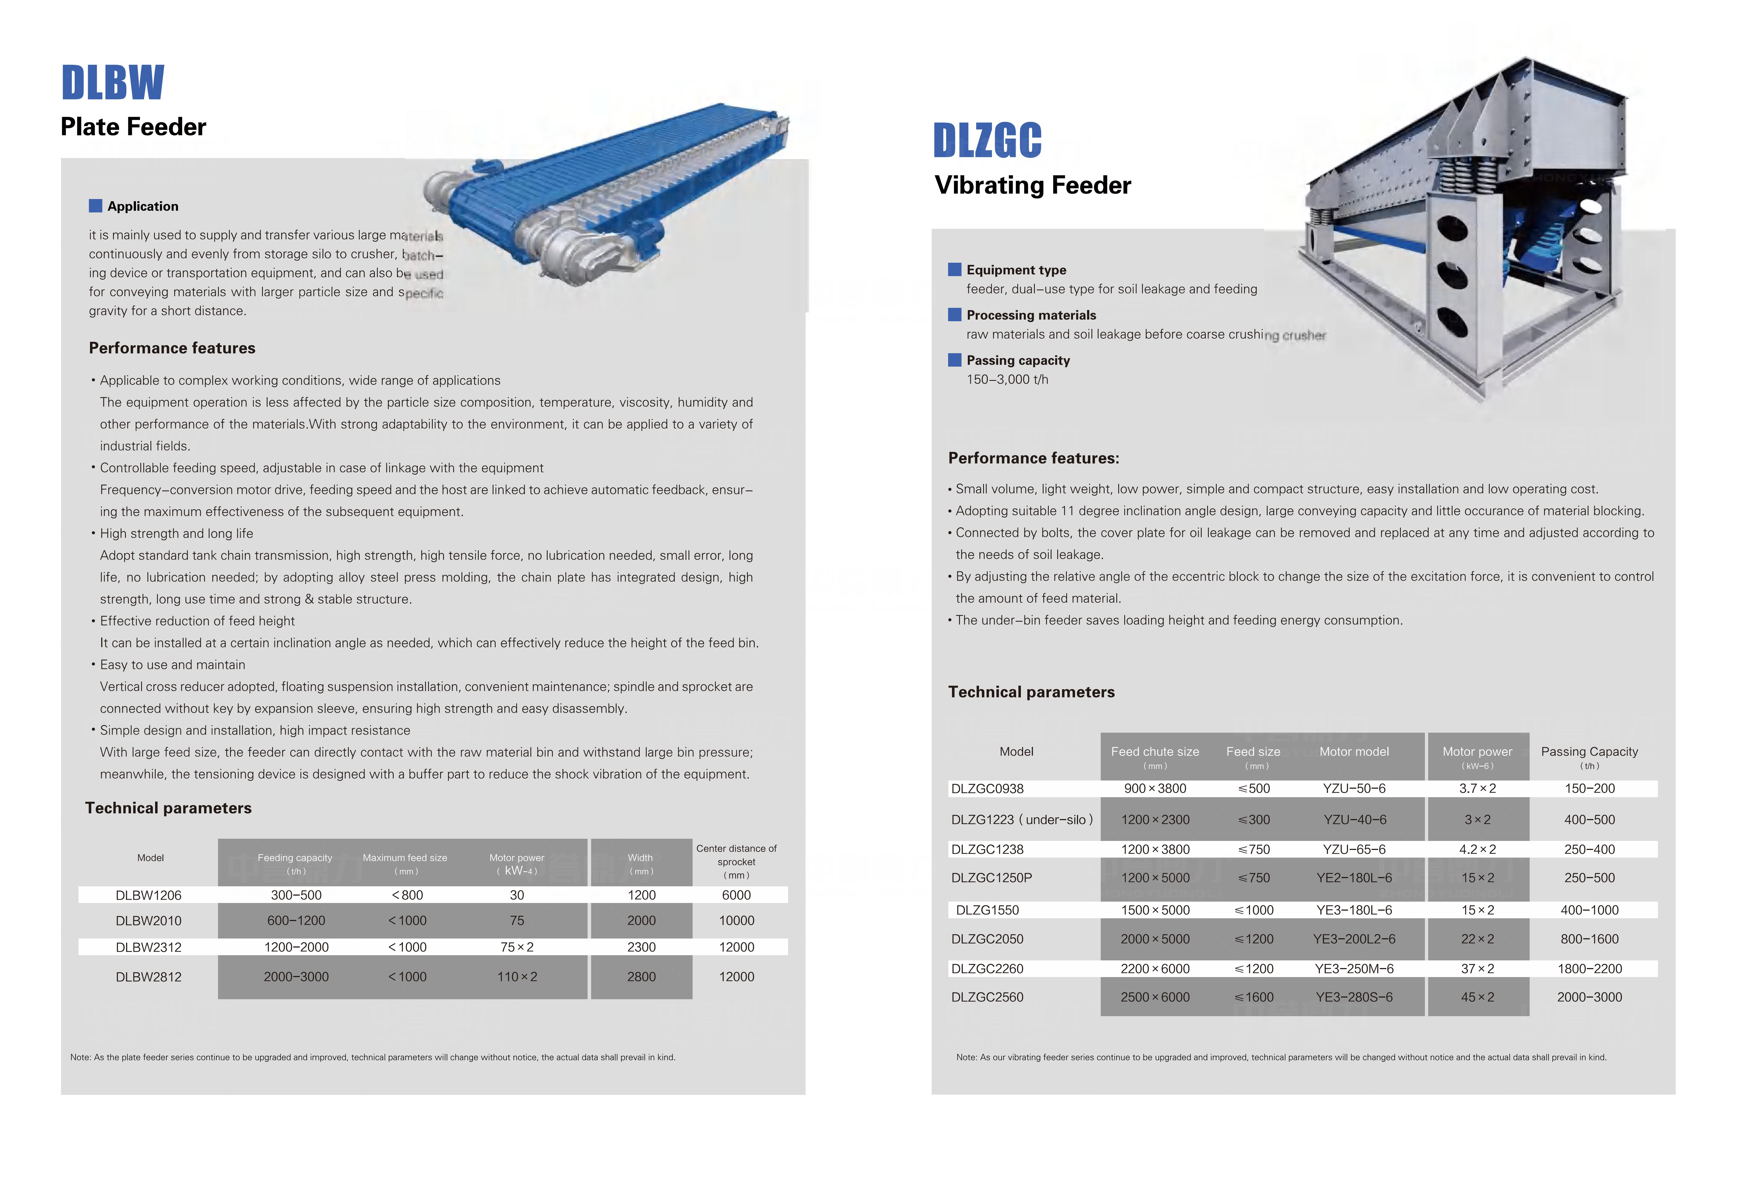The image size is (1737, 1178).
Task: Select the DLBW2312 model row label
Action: tap(149, 947)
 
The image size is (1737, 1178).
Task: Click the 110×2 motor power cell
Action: tap(517, 977)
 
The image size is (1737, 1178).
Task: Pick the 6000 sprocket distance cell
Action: tap(736, 895)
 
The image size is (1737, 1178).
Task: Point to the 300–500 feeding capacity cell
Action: tap(296, 895)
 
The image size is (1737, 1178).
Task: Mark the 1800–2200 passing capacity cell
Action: tap(1590, 969)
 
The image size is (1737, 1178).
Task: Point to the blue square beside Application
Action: tap(96, 206)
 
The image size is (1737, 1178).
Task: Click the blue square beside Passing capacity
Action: tap(954, 360)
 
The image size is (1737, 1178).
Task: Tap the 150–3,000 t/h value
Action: tap(1007, 379)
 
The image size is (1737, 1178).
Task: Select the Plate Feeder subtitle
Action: tap(133, 127)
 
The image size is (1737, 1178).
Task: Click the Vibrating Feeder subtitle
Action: tap(1033, 185)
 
